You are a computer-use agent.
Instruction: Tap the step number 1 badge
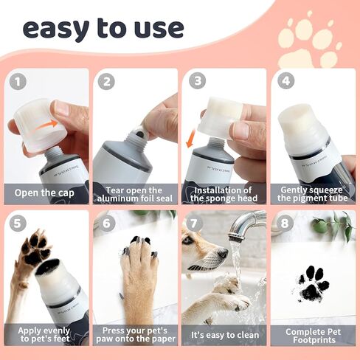coord(18,82)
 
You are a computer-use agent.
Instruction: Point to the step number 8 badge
coord(284,224)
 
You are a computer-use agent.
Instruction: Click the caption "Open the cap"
coord(48,195)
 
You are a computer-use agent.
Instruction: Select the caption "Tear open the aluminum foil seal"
coord(134,194)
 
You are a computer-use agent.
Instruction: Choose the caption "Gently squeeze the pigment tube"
coord(312,194)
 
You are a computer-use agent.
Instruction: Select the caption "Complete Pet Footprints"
coord(312,333)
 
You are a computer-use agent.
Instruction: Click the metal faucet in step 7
coord(247,221)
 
